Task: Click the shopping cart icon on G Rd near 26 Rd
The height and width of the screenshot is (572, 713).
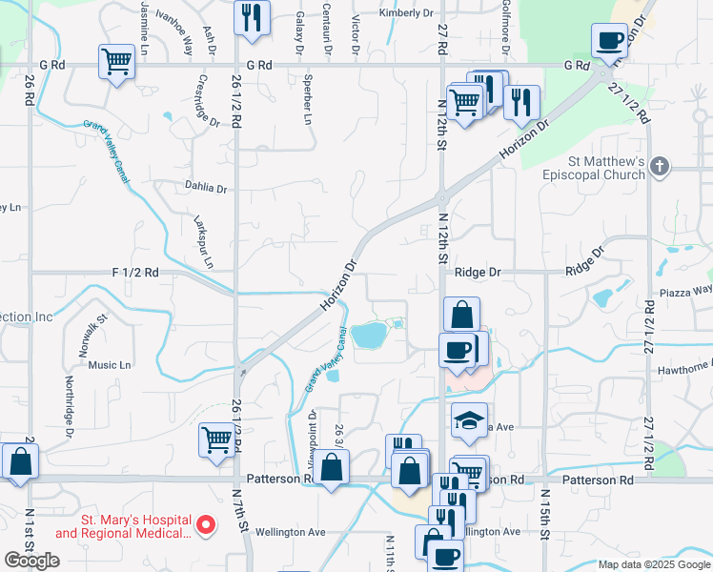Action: click(x=116, y=62)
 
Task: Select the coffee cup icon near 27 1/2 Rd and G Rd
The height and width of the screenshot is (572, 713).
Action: click(x=609, y=41)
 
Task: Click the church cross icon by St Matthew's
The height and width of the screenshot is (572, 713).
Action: click(x=659, y=169)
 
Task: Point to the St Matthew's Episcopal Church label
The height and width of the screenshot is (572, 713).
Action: click(x=595, y=168)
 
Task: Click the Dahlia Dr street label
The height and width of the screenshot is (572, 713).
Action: click(x=207, y=189)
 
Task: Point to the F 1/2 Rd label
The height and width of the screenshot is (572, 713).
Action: click(x=135, y=272)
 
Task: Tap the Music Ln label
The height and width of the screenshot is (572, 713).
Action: click(x=109, y=365)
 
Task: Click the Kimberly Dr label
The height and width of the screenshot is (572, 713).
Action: click(x=405, y=13)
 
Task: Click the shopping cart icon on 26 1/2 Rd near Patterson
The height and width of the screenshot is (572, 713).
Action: click(x=217, y=439)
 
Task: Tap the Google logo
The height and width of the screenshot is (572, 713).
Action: click(x=31, y=561)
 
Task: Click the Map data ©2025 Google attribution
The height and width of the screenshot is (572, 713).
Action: click(x=654, y=564)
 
